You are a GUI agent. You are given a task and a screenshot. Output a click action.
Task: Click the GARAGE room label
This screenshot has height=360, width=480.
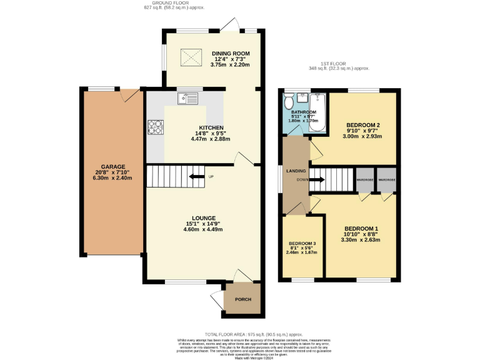point(113,167)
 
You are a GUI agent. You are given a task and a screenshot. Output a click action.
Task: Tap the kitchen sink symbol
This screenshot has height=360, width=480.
point(187,97)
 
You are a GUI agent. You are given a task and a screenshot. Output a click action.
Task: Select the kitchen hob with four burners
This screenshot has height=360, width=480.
point(154,127)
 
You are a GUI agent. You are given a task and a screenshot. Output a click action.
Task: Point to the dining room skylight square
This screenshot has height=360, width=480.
point(191,58)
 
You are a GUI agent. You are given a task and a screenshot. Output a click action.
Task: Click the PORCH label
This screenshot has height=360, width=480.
point(242,299)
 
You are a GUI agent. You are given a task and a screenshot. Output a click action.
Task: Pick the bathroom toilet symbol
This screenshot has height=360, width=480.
point(289,102)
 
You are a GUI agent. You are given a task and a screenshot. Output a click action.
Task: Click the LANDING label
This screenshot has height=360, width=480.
point(296,171)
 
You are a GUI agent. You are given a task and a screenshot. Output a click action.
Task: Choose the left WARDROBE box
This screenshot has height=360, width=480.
point(364,180)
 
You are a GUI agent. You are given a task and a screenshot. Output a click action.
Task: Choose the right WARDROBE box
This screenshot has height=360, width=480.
point(387,180)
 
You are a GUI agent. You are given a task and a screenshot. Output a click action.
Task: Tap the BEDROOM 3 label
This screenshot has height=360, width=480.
point(302,243)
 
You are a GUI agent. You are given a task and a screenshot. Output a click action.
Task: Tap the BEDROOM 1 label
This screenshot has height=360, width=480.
point(361,228)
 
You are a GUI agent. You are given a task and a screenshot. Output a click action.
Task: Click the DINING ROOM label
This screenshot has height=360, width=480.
point(230,53)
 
